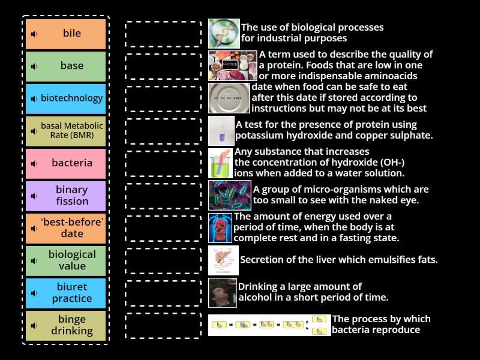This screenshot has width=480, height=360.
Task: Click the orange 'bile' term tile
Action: [x=66, y=34]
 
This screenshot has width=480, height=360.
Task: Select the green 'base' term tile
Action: [x=66, y=66]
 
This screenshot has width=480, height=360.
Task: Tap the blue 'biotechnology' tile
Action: [x=66, y=98]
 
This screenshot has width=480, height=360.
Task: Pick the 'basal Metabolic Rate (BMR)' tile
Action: [x=66, y=131]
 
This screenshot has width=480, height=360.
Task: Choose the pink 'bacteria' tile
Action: [x=66, y=163]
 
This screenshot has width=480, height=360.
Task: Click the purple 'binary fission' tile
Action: [x=66, y=196]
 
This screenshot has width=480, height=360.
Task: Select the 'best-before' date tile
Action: [x=66, y=228]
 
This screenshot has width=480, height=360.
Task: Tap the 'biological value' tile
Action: [x=66, y=260]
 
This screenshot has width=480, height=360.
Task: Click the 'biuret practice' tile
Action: [x=66, y=293]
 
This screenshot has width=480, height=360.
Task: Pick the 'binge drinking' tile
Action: [x=66, y=325]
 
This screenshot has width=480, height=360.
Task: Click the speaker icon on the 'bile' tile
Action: [x=34, y=34]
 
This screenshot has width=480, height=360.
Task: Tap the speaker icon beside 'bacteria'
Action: [x=34, y=163]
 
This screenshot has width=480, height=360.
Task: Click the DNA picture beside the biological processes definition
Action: [x=223, y=34]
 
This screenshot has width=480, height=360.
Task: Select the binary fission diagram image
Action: [x=269, y=325]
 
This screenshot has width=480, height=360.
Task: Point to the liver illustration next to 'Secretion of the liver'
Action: [x=223, y=260]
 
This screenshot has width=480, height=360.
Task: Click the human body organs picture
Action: [x=220, y=228]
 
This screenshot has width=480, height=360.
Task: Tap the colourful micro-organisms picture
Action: [x=229, y=196]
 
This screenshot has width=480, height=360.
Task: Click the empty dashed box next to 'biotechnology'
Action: [x=163, y=98]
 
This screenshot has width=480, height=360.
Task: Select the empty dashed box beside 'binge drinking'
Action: [x=163, y=325]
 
